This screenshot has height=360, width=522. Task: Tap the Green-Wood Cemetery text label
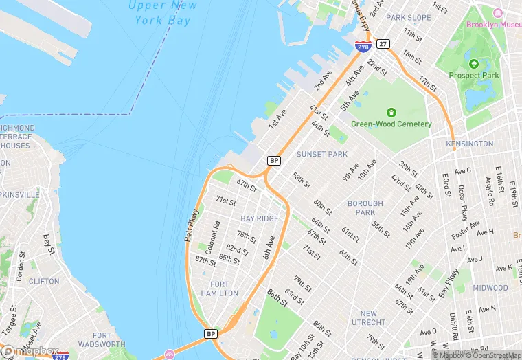point(391,124)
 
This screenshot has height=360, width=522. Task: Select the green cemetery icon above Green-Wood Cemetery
point(391,112)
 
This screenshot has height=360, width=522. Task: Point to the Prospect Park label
point(475,75)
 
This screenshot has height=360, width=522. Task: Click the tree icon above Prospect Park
point(475,62)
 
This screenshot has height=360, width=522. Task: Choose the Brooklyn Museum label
point(493,25)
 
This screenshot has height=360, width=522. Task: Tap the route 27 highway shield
point(383,44)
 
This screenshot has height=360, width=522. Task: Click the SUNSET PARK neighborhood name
point(321,155)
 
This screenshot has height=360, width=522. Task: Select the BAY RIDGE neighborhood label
point(260,218)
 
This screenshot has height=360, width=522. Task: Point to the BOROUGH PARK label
point(365,208)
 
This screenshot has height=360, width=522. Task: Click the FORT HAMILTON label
point(220,289)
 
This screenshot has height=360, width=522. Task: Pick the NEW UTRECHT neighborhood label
point(368,318)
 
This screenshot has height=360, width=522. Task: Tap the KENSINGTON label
point(470,144)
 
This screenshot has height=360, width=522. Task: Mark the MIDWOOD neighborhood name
point(490,288)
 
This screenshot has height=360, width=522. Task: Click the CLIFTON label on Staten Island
point(44,281)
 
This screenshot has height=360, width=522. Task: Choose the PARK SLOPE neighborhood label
point(409,17)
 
